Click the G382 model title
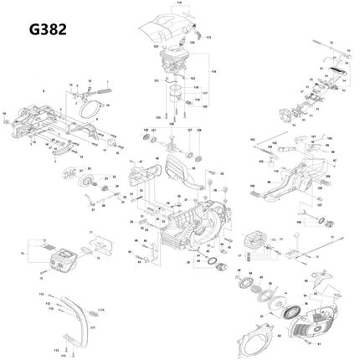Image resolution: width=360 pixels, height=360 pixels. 48,29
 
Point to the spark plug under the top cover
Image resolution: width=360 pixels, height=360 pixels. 182,41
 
